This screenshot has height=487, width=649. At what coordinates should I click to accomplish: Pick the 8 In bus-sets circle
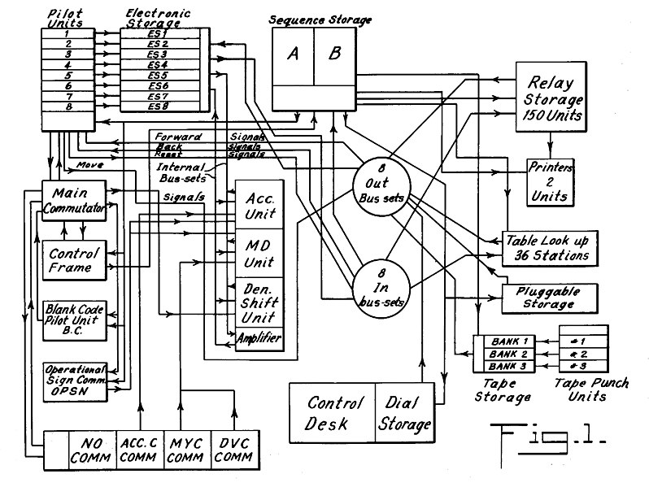coord(380,288)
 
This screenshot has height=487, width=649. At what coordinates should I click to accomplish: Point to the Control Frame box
coord(74,259)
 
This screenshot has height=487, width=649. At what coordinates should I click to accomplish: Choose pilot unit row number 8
coord(68,107)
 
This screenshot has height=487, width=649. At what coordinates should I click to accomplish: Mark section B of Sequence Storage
coord(333,54)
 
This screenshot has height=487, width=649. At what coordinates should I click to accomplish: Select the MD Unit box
coord(259,252)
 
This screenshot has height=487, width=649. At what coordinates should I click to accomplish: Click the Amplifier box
coord(259,337)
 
